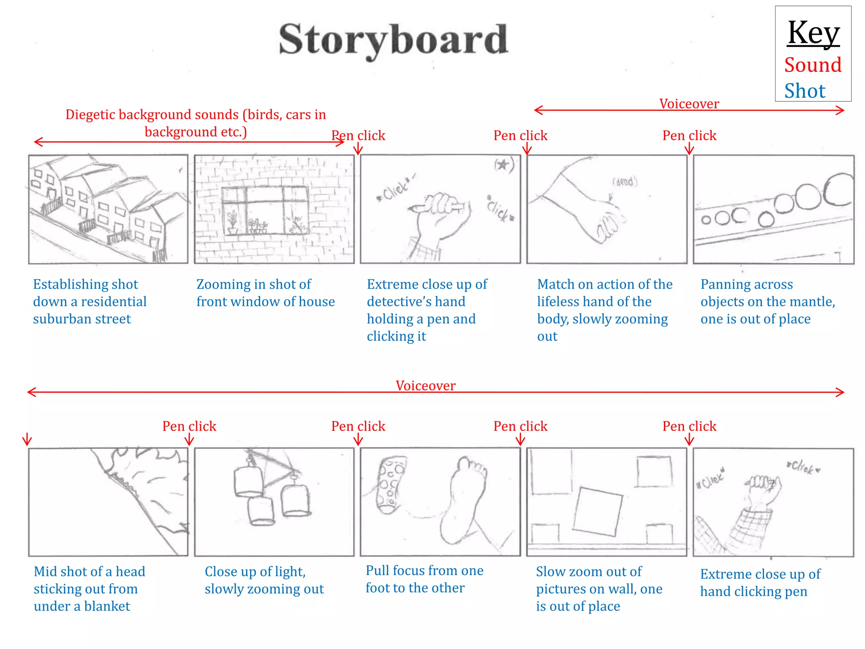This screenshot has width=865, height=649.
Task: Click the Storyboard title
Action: tap(393, 40)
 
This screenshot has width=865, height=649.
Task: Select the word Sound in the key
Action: tap(813, 65)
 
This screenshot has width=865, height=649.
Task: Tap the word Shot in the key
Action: tap(805, 91)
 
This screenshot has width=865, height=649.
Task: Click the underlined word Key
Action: tap(813, 33)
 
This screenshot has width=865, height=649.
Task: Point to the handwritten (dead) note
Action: tap(625, 182)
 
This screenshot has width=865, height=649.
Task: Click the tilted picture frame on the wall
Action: tap(597, 511)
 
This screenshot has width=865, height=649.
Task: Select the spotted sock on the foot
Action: tap(391, 484)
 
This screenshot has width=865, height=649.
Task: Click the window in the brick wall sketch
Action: tap(265, 210)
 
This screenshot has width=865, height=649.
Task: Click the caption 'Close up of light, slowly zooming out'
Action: tap(264, 580)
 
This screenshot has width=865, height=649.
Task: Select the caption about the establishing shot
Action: tap(90, 301)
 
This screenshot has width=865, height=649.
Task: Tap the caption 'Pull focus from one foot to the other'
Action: tap(424, 579)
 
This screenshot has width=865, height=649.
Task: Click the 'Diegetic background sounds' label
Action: tap(196, 123)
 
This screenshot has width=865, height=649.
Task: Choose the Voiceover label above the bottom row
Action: tap(425, 385)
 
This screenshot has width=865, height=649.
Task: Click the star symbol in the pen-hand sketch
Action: tap(503, 165)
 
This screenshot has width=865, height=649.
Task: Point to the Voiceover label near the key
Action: tap(689, 104)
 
